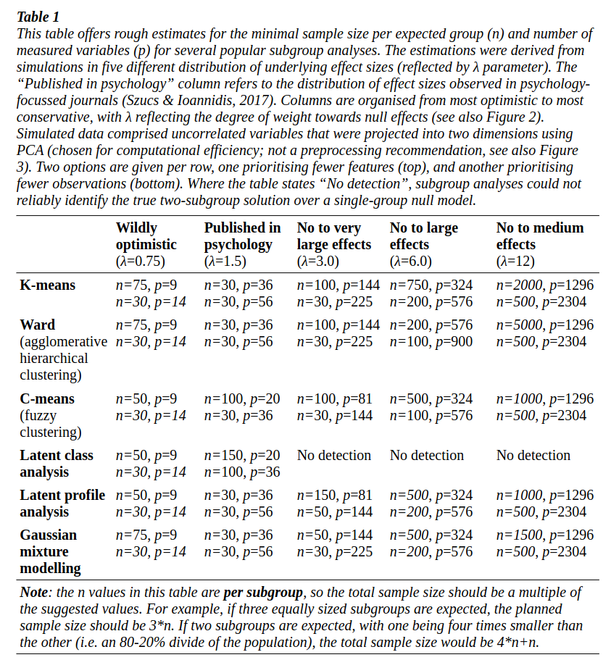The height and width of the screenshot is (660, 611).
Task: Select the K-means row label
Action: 47,285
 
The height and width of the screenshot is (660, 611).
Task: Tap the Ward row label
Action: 38,325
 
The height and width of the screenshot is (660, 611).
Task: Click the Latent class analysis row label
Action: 57,464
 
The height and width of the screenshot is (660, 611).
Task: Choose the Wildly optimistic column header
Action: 146,236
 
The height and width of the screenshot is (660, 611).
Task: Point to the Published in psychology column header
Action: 242,236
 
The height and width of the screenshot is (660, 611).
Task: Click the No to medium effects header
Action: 540,236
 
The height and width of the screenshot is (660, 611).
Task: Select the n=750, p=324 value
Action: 431,285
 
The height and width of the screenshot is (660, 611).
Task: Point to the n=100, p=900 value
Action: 431,342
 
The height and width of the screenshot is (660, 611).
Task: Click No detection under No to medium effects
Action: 533,456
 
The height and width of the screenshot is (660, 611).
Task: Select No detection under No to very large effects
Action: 334,456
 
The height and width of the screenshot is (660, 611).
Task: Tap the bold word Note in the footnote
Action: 35,592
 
